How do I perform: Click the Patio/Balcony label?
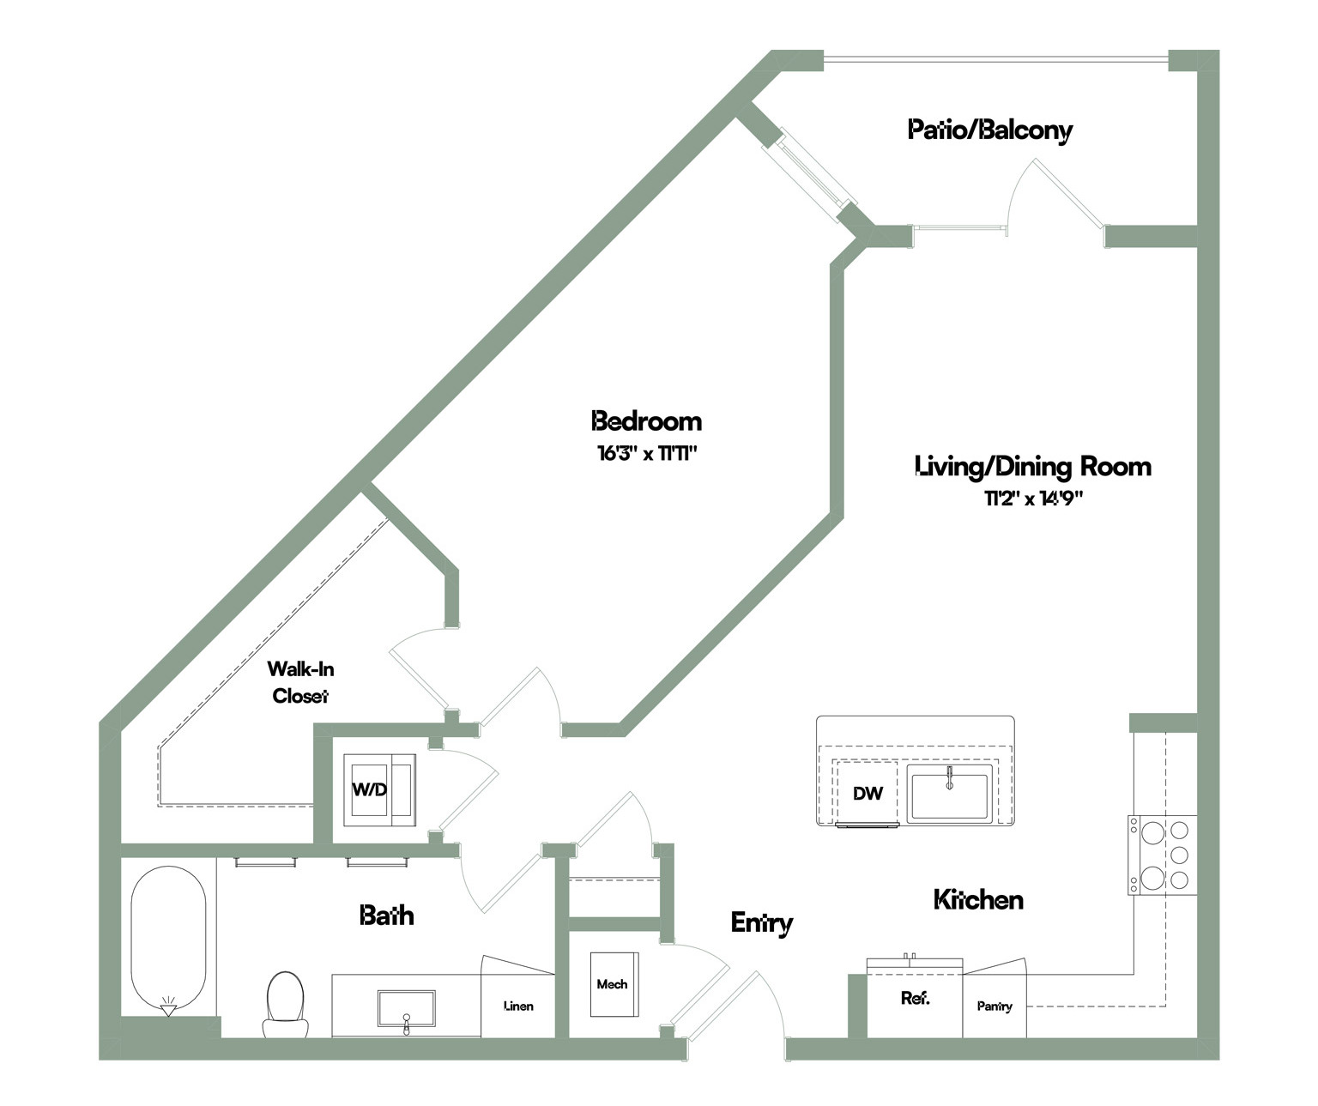989,130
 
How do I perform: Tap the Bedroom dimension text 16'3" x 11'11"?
647,453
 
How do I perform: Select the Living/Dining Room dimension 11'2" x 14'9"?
1033,499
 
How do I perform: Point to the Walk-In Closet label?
300,682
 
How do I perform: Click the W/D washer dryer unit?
379,789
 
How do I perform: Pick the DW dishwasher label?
868,794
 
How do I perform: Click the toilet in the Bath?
286,1005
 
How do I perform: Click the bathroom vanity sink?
406,1009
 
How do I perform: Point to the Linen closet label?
519,1006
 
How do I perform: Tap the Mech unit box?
614,984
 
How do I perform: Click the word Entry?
762,923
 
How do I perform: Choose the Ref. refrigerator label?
916,998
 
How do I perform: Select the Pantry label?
995,1006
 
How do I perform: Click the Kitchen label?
978,899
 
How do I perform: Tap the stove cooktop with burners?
1162,855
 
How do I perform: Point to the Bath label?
386,916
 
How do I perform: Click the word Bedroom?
646,421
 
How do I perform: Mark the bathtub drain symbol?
168,1006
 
